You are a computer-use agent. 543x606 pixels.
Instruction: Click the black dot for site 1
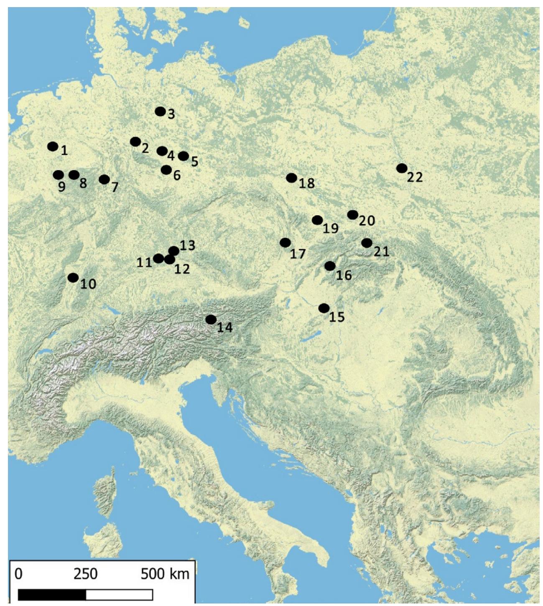click(53, 147)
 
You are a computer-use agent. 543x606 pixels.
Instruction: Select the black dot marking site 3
click(160, 112)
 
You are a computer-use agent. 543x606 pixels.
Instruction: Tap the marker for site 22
click(402, 168)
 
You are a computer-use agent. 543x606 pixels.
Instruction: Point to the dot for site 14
click(211, 319)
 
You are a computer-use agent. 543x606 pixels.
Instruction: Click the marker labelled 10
click(73, 278)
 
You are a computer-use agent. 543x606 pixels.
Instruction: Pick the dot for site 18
click(292, 178)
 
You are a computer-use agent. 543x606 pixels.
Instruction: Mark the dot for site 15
click(324, 308)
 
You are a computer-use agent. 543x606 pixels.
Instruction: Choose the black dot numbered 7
click(105, 180)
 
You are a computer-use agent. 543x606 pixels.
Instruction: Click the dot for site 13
click(174, 251)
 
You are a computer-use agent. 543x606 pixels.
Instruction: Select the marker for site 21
click(367, 243)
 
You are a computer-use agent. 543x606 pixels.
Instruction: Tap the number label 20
click(367, 221)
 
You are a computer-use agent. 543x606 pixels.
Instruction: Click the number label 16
click(344, 275)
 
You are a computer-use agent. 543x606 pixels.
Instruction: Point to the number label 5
click(194, 162)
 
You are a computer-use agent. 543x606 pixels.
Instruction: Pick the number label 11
click(144, 262)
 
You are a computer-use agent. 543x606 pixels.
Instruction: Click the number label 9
click(61, 187)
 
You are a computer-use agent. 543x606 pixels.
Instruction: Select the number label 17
click(298, 254)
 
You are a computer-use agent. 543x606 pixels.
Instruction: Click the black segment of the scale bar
click(52, 594)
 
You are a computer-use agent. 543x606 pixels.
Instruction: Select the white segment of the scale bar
click(119, 594)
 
